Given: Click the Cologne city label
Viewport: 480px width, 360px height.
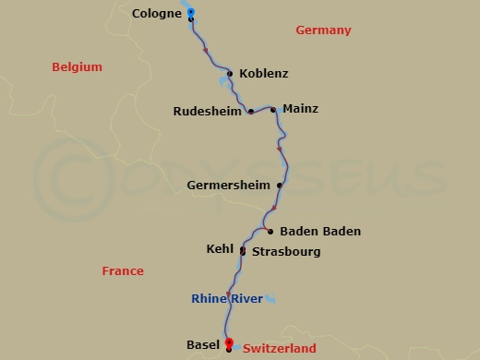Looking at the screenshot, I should point(156,14).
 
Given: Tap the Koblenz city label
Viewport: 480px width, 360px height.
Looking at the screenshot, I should point(263,74).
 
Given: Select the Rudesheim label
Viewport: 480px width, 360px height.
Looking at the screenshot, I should point(208,112).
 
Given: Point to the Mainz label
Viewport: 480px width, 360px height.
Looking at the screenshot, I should point(300,109).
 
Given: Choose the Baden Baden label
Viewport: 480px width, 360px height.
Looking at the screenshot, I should point(319,232).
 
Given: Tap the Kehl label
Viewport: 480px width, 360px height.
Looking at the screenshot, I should point(221,249).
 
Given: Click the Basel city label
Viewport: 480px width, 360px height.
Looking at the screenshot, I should point(202,345).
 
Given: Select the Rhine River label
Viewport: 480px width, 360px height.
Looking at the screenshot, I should point(225,298).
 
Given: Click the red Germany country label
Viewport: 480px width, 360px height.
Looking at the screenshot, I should point(323,30).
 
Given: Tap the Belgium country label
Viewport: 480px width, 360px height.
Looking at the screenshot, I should point(77,67).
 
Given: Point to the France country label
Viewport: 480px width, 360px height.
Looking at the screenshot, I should point(123,271).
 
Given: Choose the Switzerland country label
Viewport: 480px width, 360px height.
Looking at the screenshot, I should point(279,349).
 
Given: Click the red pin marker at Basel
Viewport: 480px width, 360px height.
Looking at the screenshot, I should point(228,342).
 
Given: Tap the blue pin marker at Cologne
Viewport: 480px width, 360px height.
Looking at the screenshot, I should point(190,12).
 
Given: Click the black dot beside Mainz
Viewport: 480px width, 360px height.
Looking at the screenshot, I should point(273,110).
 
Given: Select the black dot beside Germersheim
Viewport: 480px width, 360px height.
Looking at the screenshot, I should point(279,185).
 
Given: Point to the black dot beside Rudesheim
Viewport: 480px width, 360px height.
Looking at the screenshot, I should point(251,112).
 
